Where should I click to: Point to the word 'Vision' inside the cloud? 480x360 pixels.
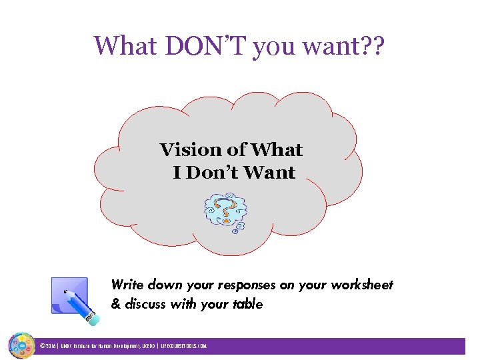point(187,150)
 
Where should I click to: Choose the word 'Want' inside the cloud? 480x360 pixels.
point(269,173)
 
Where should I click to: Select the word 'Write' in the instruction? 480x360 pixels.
point(127,285)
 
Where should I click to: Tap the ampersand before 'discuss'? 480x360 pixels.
point(115,305)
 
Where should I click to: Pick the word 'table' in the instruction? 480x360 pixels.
point(247,305)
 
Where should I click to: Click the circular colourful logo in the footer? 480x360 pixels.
point(21,346)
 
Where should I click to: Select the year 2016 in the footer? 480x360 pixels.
point(51,347)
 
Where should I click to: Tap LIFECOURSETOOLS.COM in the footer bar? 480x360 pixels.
point(184,347)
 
